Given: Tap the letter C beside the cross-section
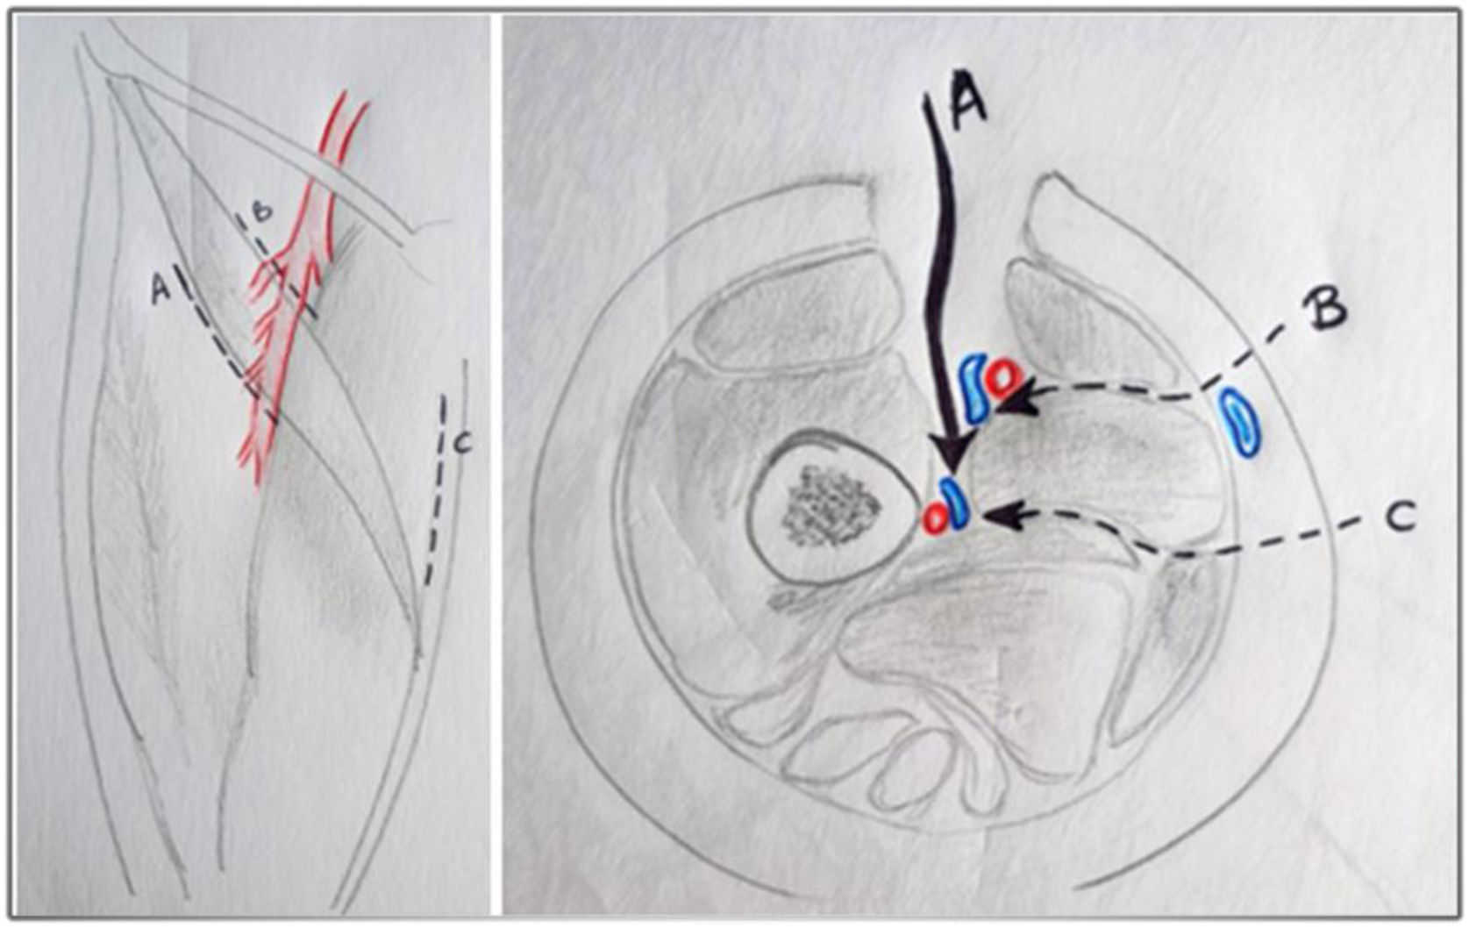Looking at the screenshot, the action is point(1401,517).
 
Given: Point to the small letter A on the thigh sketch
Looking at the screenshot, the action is point(160,288).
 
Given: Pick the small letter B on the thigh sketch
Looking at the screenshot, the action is point(261,211).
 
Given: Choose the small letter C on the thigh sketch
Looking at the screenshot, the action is point(462,445).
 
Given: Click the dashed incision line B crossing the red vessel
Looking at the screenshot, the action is point(275,267).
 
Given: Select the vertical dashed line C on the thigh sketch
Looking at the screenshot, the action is point(437,489).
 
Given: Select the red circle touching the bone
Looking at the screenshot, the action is point(936,519).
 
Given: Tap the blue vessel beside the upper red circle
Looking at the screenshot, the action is point(974,389).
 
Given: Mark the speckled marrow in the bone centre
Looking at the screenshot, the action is point(831,505).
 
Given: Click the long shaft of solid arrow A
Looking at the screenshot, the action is point(942,275).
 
